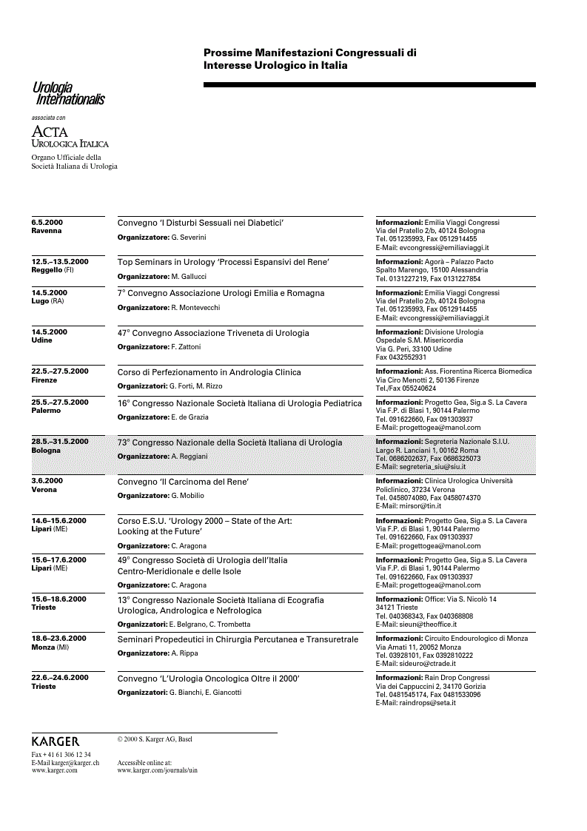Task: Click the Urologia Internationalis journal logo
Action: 67,94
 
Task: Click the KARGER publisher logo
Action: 56,741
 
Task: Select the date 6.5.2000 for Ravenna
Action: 47,222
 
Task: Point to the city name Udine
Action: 41,340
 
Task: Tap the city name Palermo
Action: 46,411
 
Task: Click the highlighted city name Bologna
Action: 46,450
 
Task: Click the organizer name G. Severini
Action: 188,238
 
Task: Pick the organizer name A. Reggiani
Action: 189,457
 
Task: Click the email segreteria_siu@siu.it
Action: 432,467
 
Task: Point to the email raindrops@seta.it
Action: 428,703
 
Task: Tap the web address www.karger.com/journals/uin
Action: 157,770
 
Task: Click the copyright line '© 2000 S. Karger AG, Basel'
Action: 154,739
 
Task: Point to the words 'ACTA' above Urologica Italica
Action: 50,132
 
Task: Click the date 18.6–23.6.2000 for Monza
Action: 58,638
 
